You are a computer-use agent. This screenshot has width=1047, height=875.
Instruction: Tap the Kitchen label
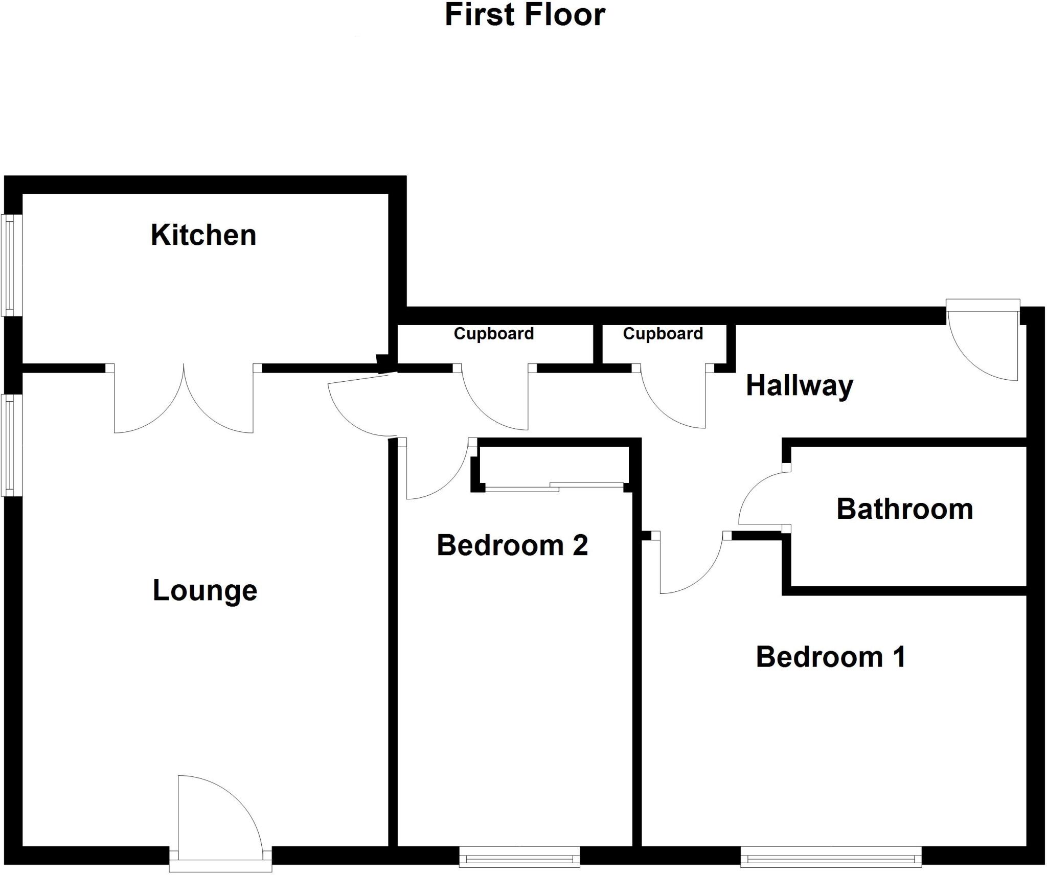203,235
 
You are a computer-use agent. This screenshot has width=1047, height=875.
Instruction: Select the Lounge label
205,591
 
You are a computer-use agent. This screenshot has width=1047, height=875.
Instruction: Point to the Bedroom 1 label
831,657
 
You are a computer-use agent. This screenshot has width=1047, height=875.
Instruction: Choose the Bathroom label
904,509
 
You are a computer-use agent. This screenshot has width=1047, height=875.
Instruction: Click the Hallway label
800,385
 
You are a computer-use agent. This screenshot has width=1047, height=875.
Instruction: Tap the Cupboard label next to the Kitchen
494,334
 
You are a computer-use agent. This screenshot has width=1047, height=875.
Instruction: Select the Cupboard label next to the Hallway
663,334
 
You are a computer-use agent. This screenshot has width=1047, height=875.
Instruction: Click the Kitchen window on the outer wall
9,265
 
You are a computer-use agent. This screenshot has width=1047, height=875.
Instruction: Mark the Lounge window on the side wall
9,445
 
